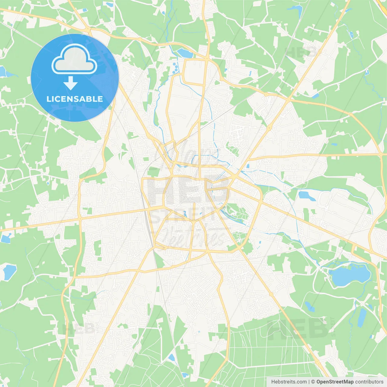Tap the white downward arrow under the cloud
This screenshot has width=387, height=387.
(x=71, y=83)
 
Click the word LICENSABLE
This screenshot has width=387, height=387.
(x=75, y=99)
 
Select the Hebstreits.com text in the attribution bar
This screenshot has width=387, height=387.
(x=289, y=382)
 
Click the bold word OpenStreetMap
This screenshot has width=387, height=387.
(x=335, y=382)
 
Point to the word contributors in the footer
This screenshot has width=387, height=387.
(x=369, y=382)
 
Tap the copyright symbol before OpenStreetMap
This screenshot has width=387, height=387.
(x=313, y=382)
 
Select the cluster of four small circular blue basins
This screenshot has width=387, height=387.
(x=175, y=68)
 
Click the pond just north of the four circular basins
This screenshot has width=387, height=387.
(x=184, y=53)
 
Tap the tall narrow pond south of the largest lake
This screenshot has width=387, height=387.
(x=362, y=317)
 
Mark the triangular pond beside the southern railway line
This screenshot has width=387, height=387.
(x=172, y=358)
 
